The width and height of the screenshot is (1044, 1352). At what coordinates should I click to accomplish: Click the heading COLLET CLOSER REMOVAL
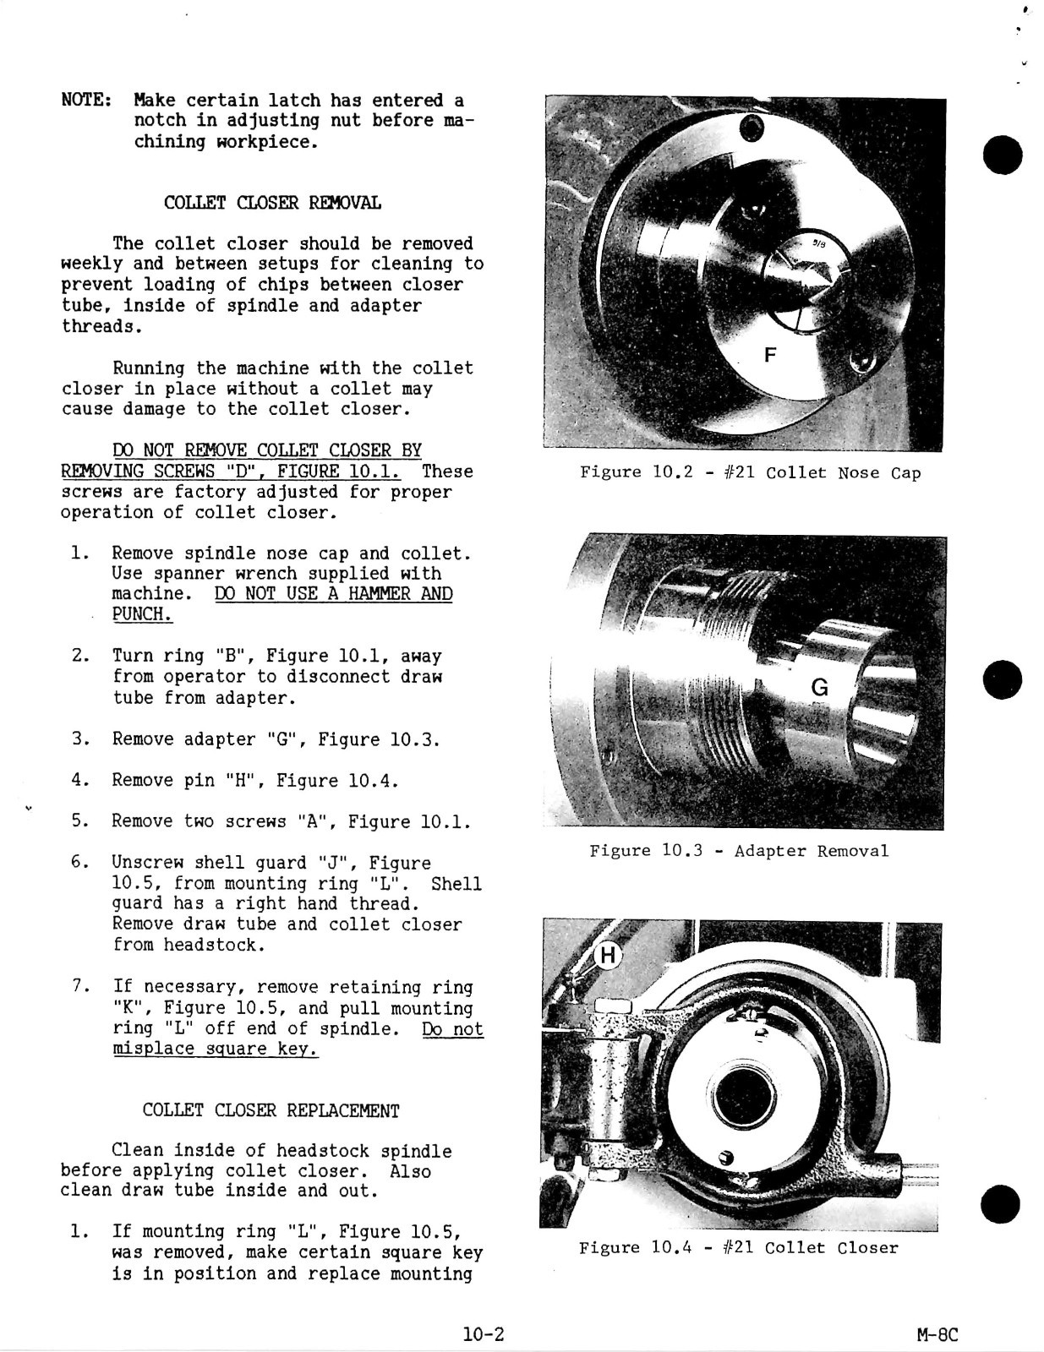pos(271,204)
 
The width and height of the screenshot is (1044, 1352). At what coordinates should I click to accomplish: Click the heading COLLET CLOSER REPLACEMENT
pos(271,1110)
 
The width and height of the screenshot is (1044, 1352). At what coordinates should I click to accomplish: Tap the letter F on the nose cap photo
pos(769,355)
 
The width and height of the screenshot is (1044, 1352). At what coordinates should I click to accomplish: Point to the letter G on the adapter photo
pos(819,688)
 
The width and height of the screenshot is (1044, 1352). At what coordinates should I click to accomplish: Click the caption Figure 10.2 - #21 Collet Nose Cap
pos(750,472)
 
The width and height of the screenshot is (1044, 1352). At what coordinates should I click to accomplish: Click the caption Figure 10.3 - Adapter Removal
pos(739,851)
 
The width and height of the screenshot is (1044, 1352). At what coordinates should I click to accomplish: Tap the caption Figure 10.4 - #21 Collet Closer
pos(738,1248)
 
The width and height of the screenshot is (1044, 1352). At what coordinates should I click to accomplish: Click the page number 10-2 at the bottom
pos(484,1334)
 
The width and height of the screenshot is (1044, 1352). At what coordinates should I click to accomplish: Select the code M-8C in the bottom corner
pos(937,1335)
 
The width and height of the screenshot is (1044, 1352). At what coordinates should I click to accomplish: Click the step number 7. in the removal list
pos(81,987)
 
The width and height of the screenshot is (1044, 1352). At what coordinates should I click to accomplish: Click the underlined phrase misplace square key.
pos(215,1049)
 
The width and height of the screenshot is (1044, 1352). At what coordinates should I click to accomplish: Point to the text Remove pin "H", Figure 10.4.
pos(254,780)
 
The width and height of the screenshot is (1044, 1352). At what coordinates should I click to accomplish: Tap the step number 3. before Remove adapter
pos(81,739)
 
